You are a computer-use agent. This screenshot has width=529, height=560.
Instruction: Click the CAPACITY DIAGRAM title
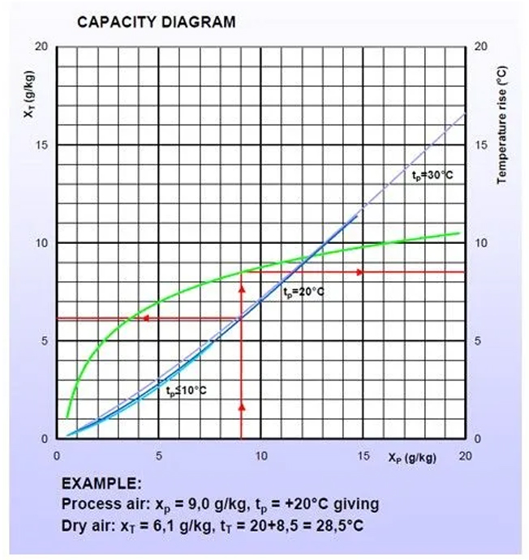coord(156,22)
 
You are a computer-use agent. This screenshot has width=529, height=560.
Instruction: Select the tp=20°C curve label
coord(303,292)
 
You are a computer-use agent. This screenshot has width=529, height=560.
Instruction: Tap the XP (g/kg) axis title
coord(412,458)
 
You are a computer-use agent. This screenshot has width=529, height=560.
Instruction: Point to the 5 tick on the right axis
coord(479,341)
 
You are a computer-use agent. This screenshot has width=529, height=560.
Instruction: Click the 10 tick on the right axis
coord(481,243)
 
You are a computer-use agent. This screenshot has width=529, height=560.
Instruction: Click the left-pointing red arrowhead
coord(145,318)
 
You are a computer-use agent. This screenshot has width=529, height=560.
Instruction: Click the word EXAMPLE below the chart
coord(101,484)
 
